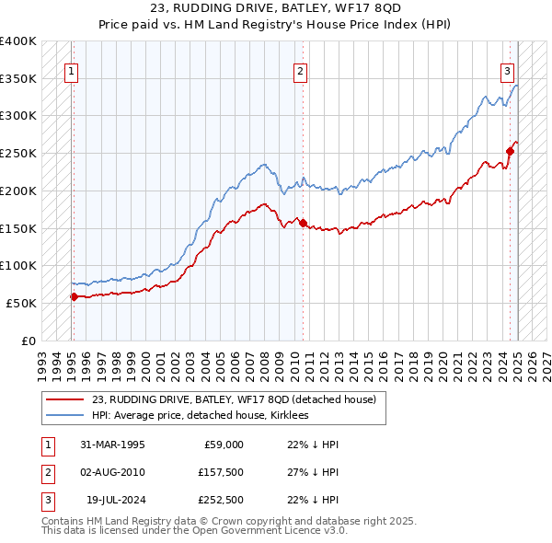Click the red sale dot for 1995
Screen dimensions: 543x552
74,296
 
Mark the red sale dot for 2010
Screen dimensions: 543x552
304,222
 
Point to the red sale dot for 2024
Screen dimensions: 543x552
510,151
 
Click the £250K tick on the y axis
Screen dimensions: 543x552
20,153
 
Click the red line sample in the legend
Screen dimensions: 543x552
65,400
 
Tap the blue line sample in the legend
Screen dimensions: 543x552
65,416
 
